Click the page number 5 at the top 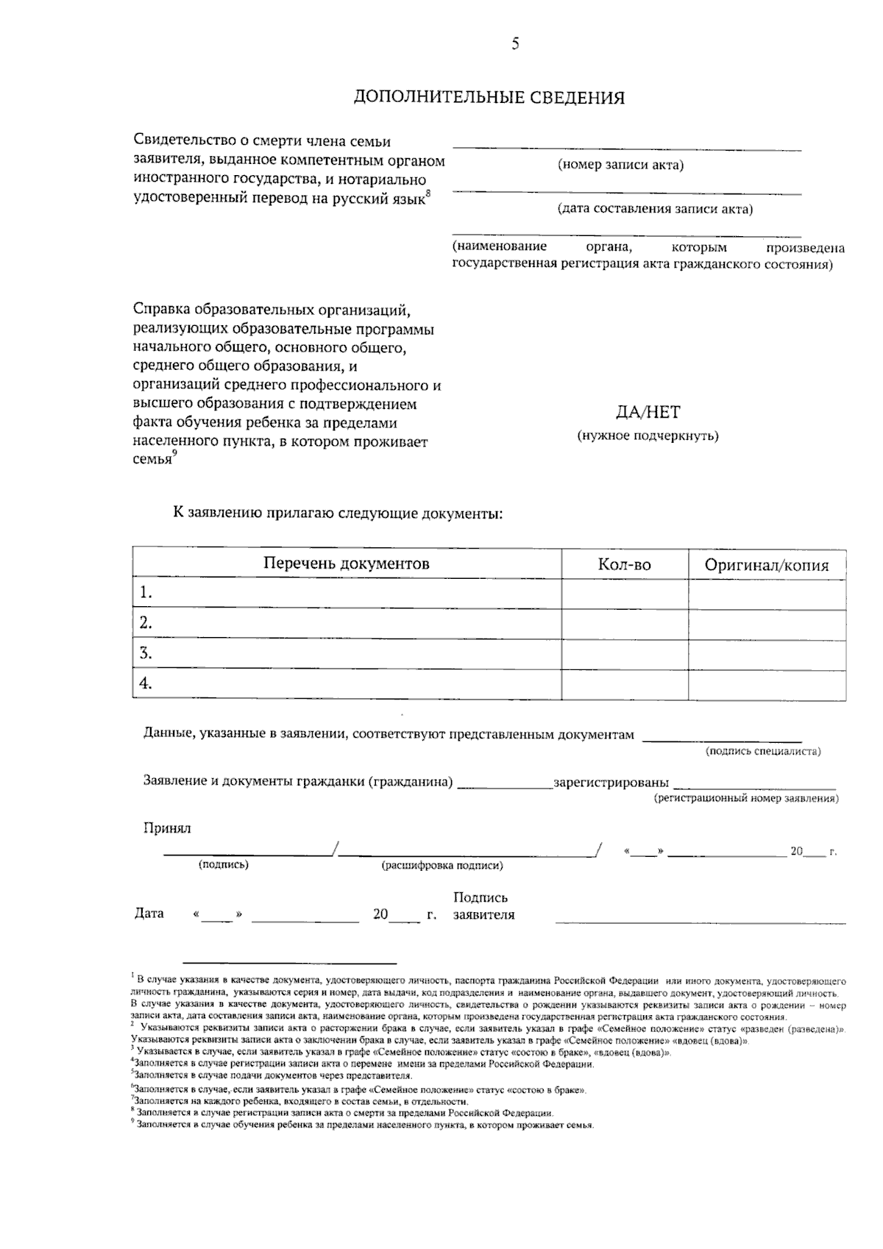click(515, 44)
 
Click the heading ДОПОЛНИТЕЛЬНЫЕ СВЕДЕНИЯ click(489, 98)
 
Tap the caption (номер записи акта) click(620, 165)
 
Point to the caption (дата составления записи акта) click(655, 209)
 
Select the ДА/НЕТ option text click(648, 413)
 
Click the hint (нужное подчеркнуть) click(648, 435)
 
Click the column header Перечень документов click(346, 564)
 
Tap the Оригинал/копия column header click(766, 565)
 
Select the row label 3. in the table click(146, 653)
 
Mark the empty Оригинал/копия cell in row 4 click(766, 684)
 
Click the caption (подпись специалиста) click(763, 751)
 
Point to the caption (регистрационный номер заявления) click(746, 798)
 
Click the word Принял click(166, 828)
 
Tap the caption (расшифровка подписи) click(441, 866)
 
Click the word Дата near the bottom click(149, 914)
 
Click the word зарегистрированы click(611, 782)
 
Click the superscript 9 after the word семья click(174, 454)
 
